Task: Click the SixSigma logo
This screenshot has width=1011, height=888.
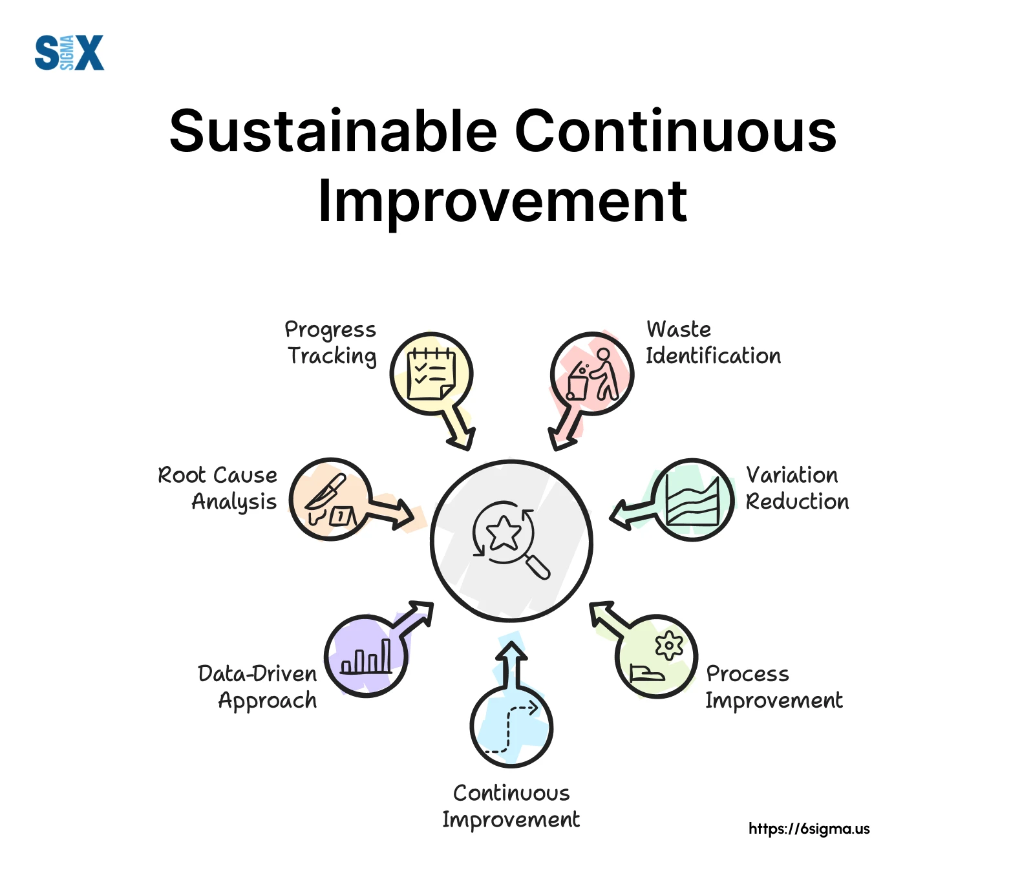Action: coord(69,52)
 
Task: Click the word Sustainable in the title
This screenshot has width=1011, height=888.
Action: coord(333,131)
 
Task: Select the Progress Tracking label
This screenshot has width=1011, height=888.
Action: coord(331,343)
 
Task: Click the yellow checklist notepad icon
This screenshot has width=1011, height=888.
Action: coord(431,374)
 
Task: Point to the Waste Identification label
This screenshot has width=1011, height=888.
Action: coord(713,343)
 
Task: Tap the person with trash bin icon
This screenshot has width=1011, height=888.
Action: coord(593,374)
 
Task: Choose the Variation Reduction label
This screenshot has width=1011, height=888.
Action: coord(797,488)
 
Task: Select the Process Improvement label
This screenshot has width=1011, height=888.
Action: coord(774,686)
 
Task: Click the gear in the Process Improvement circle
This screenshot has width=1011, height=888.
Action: coord(669,645)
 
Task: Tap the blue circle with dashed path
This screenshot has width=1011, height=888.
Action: coord(511,726)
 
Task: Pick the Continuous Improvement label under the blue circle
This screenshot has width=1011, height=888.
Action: coord(511,806)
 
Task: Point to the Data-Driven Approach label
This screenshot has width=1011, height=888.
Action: coord(257,688)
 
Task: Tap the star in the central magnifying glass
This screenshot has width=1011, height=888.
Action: coord(504,533)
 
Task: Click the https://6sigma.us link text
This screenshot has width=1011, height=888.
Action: coord(809,829)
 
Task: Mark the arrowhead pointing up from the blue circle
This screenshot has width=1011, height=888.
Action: coord(512,651)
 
